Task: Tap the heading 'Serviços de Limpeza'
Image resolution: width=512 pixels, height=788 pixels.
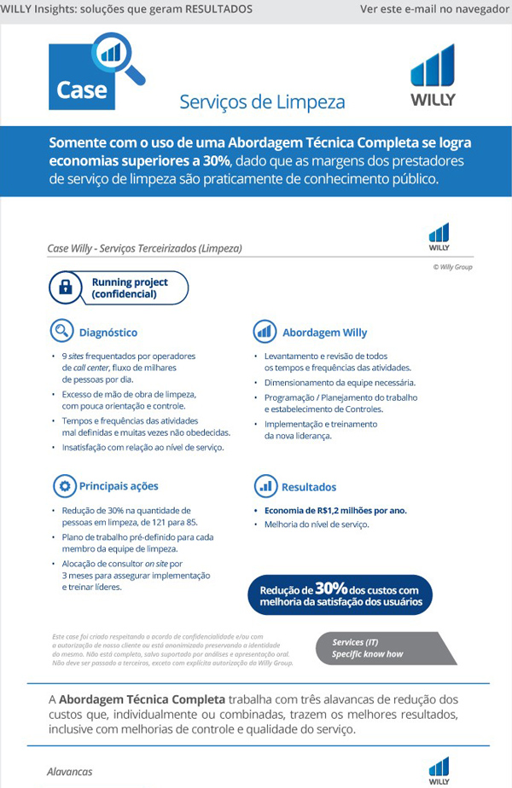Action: point(262,102)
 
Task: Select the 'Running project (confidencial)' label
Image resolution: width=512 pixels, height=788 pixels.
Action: point(130,288)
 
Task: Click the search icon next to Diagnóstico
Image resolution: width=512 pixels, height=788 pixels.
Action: point(62,331)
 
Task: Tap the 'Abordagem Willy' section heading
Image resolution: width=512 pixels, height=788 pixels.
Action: point(324,333)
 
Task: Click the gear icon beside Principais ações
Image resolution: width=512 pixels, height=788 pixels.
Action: point(63,486)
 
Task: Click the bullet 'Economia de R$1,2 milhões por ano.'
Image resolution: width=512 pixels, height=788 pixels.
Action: point(336,510)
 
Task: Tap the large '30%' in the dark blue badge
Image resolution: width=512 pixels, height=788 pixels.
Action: point(330,588)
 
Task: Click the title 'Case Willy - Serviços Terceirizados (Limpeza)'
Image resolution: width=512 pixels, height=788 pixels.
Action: point(145,248)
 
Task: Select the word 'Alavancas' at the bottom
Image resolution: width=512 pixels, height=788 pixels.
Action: point(69,772)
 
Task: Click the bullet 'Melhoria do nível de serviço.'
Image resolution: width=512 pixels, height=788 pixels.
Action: point(317,524)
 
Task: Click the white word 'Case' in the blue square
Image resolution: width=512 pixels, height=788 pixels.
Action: point(82,89)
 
